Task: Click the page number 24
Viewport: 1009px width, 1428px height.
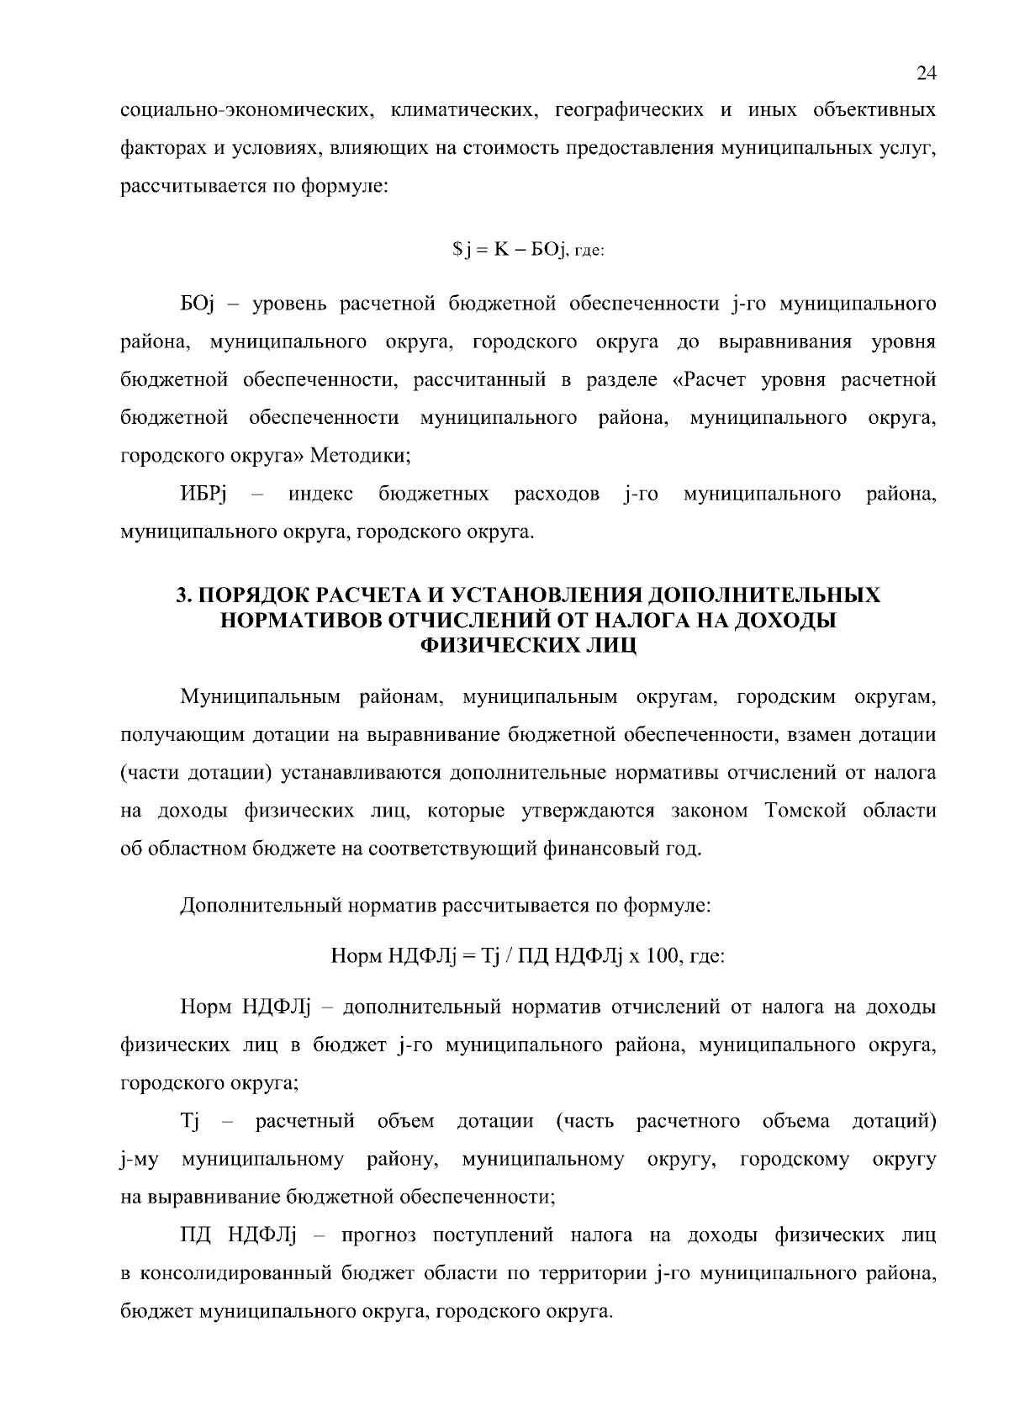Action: tap(926, 74)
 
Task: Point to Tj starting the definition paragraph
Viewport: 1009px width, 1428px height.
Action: tap(188, 1122)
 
